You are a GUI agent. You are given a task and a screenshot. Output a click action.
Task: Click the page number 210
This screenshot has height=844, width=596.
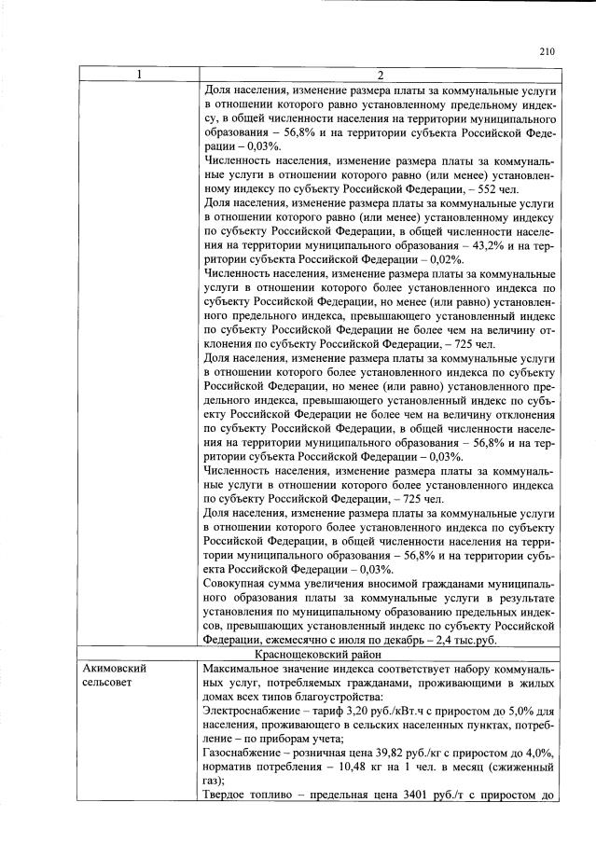pos(547,52)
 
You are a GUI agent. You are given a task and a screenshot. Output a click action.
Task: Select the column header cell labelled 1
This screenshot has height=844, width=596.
pos(138,76)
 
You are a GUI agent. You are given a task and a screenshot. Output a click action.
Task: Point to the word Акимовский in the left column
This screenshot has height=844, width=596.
pos(115,669)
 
